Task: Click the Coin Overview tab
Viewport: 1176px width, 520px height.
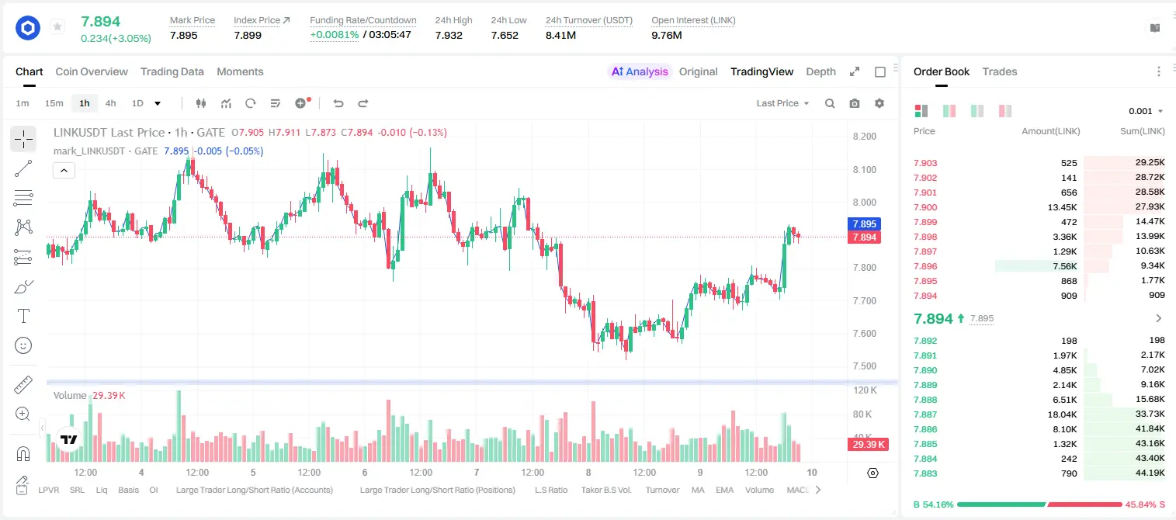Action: point(92,71)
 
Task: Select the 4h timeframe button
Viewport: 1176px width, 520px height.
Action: point(110,103)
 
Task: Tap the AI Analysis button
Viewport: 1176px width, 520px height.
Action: point(640,71)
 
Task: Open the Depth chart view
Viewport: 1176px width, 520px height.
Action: point(820,71)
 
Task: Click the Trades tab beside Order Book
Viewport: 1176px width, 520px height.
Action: point(1000,71)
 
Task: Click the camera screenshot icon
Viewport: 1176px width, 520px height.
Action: point(855,103)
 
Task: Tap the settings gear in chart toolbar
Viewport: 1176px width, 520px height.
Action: point(879,103)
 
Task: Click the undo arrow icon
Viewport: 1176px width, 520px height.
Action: point(338,103)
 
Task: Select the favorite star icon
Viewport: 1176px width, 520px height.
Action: point(57,26)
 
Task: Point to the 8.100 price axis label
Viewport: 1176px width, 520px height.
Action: point(865,169)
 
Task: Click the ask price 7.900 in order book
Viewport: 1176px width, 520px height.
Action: point(925,207)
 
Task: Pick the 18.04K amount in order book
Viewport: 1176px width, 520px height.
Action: point(1062,414)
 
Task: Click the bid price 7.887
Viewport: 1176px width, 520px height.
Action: point(925,414)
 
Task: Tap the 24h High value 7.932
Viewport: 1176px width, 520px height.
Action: point(449,35)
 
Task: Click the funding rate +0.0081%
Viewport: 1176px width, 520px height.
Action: point(335,35)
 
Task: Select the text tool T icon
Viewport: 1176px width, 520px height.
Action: point(23,316)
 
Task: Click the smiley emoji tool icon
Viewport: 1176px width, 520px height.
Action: point(23,345)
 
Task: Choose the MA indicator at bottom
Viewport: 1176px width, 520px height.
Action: point(698,490)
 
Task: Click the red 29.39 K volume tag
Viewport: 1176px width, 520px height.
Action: point(868,445)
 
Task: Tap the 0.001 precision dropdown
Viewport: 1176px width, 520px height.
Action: point(1146,111)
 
